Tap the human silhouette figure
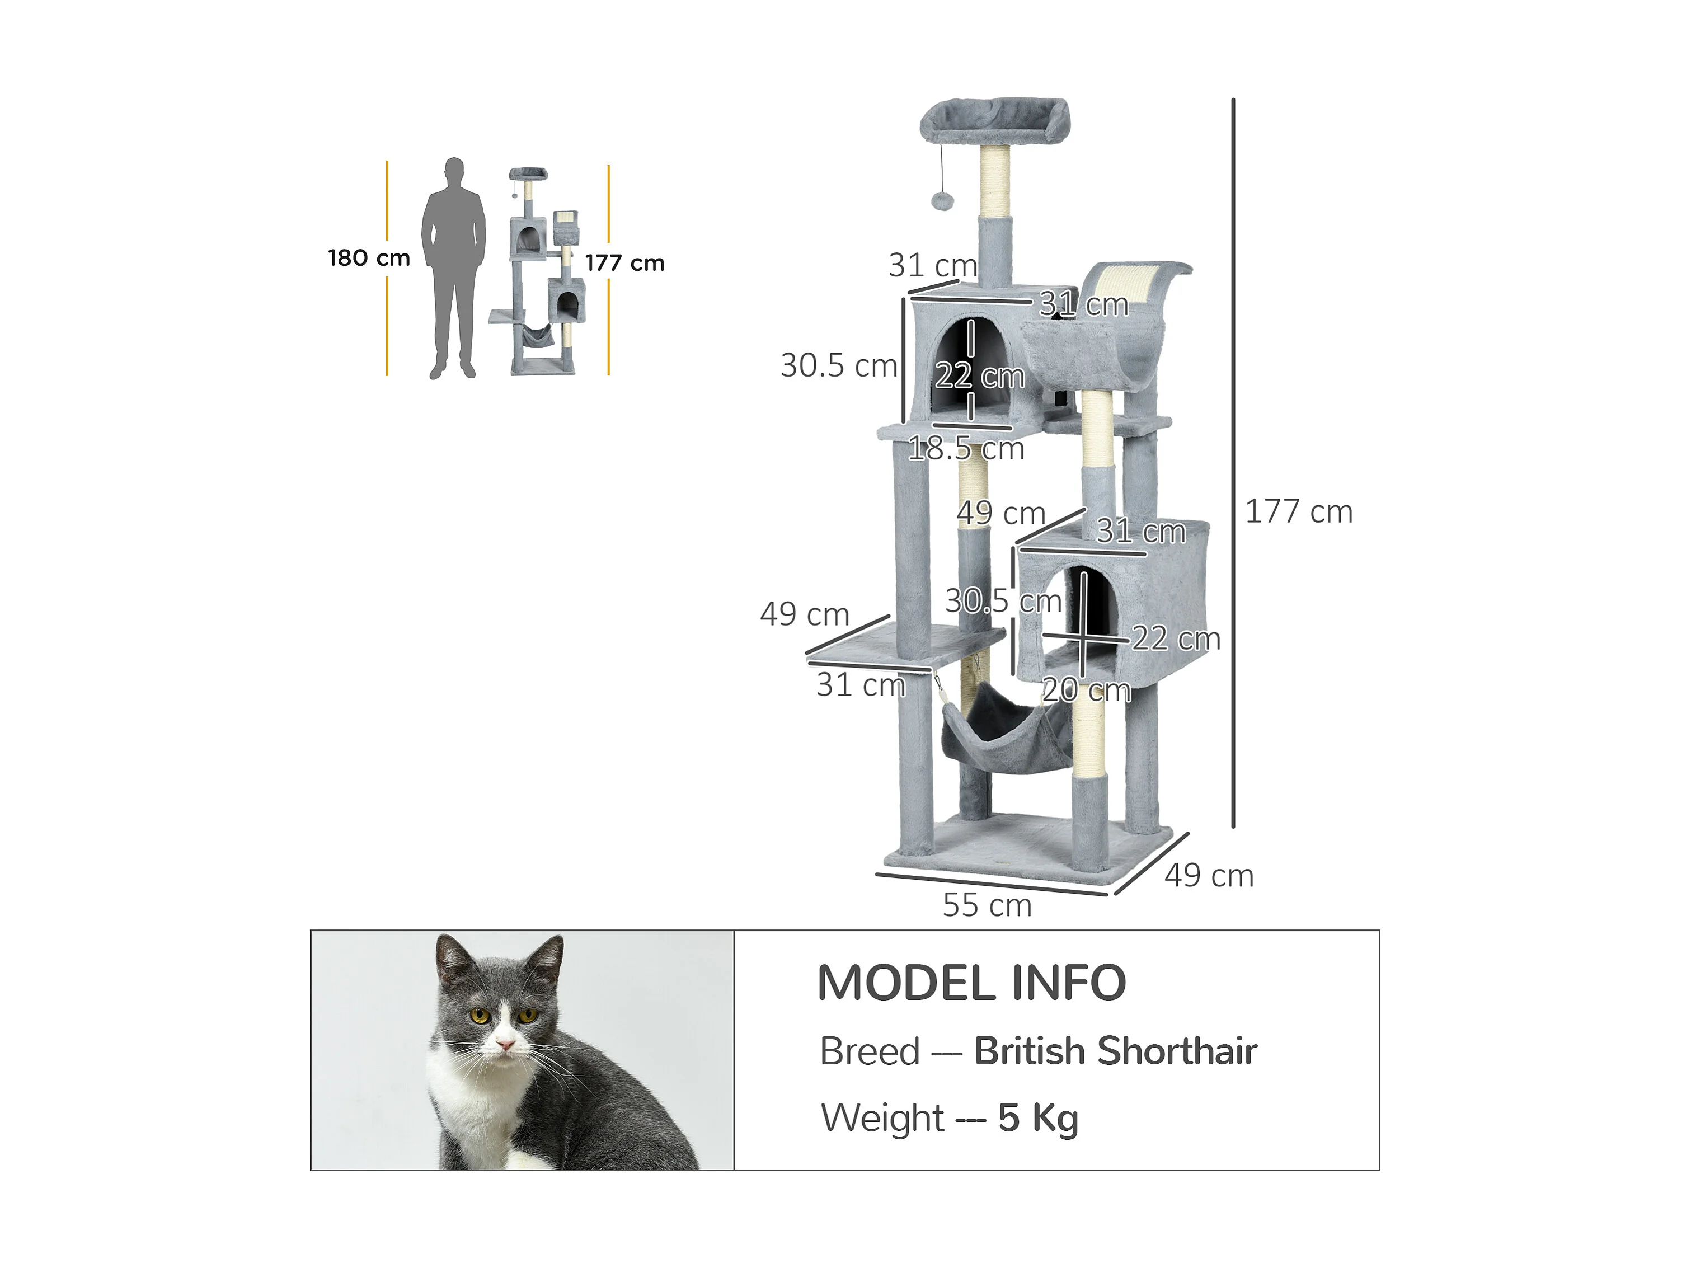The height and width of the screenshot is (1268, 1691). click(454, 268)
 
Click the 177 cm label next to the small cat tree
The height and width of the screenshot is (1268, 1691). click(624, 263)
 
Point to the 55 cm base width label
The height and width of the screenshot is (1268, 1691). click(987, 906)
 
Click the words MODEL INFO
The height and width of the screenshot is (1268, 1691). click(971, 983)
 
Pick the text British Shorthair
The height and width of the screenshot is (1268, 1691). click(1115, 1051)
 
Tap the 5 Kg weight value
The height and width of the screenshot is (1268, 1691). click(1038, 1118)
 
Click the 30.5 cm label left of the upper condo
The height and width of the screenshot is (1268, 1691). click(839, 365)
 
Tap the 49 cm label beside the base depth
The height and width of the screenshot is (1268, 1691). click(1209, 876)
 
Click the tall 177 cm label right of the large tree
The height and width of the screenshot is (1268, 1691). click(1299, 512)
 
